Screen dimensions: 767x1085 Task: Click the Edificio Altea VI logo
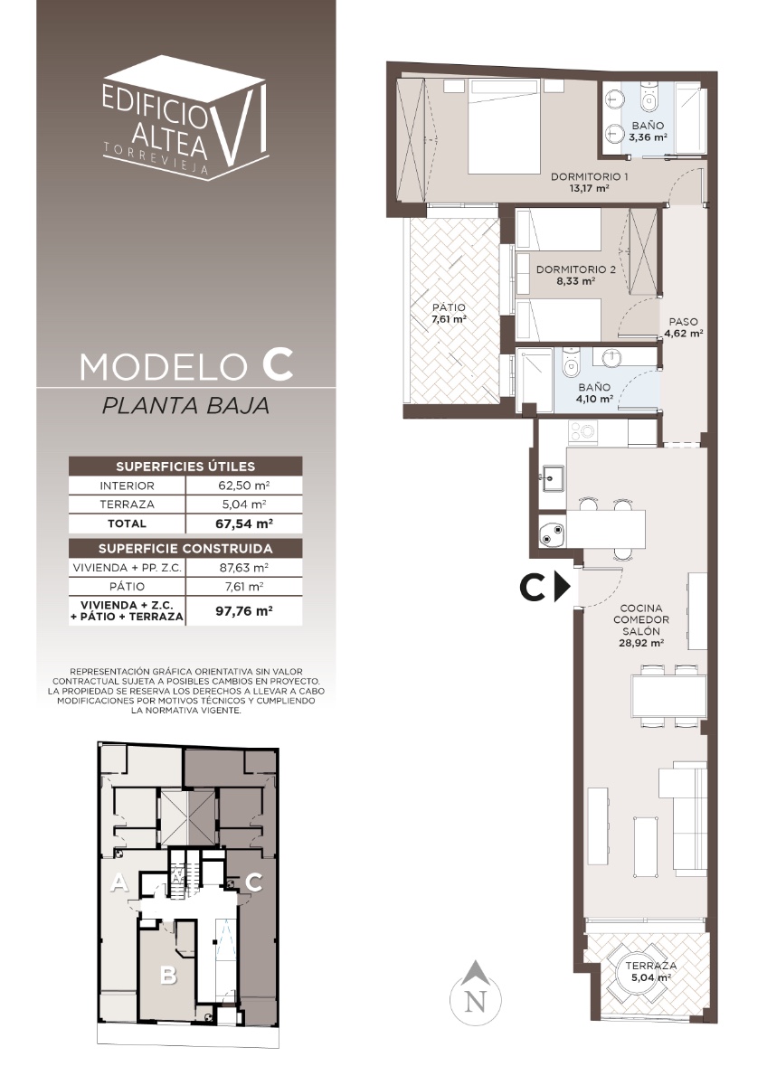pos(185,118)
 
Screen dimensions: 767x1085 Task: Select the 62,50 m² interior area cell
pos(243,486)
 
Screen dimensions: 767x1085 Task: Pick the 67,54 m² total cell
pos(243,524)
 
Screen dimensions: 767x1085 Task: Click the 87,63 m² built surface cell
pos(243,567)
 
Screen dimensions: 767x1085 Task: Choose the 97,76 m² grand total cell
pos(243,611)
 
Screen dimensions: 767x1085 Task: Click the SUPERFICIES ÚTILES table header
pos(185,467)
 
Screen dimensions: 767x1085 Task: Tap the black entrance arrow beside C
pos(562,588)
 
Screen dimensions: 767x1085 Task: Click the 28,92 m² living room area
pos(641,643)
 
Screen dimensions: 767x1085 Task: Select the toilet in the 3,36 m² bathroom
pos(648,97)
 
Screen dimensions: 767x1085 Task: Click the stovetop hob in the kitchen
pos(582,430)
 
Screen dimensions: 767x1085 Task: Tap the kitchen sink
pos(553,477)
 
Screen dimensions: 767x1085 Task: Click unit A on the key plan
pos(119,882)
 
